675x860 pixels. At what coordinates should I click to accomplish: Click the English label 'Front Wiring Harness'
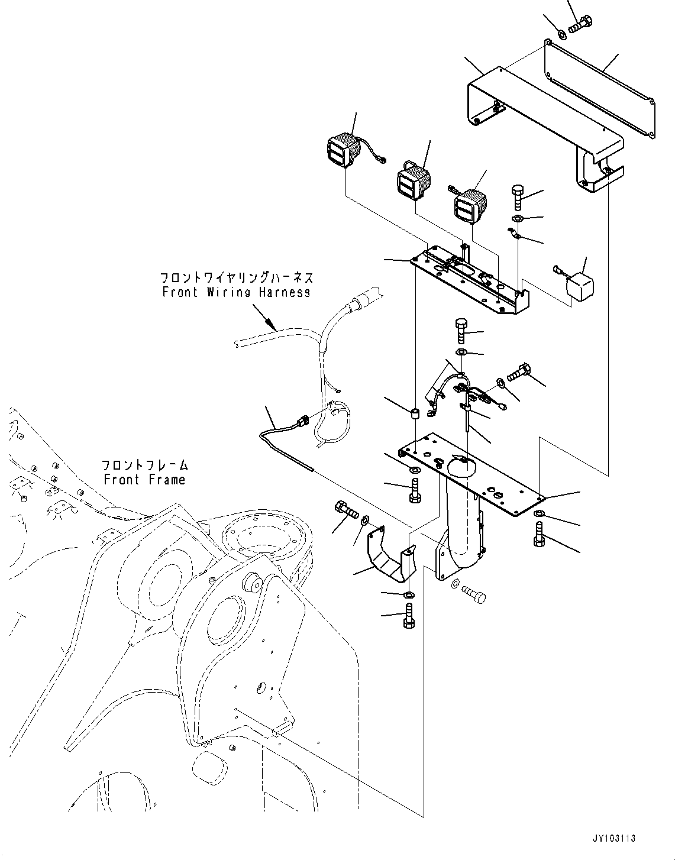pos(236,292)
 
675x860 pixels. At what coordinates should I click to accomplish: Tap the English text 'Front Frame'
pos(144,480)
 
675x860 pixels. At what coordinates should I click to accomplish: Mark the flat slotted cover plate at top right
pos(600,92)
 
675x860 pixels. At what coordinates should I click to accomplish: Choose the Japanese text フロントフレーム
pos(144,464)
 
